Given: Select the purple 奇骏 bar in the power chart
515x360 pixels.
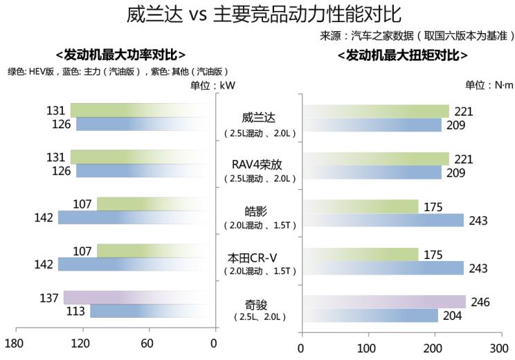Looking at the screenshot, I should tap(138, 298).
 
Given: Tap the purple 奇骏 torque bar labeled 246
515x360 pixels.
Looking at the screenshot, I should tap(383, 302).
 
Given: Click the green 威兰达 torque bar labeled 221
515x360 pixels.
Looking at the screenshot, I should tap(375, 111).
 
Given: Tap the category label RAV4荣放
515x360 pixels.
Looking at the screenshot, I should tap(258, 165).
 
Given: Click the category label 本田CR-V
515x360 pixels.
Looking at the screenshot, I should tap(258, 258).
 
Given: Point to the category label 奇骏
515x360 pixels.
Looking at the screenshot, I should tap(258, 305).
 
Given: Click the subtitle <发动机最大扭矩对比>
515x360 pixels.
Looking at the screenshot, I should tap(402, 55).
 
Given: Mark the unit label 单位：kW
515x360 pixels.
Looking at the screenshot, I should tap(214, 85).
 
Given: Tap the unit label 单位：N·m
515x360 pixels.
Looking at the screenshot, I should tap(488, 85).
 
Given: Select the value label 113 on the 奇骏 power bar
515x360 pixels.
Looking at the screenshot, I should tap(75, 312).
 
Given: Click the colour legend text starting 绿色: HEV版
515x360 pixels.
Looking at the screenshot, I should tap(118, 71).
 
